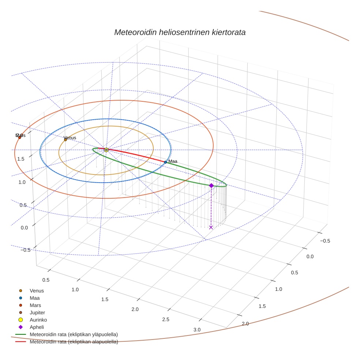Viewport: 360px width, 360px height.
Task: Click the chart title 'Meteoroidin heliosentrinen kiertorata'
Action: click(x=180, y=32)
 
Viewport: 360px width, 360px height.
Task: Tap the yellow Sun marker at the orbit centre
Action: click(x=106, y=150)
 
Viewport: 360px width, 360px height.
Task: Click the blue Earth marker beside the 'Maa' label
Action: click(x=165, y=162)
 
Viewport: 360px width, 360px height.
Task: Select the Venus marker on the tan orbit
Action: click(x=65, y=140)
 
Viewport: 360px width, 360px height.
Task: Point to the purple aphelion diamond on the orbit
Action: click(x=211, y=185)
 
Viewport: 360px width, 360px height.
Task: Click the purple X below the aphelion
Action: click(x=211, y=228)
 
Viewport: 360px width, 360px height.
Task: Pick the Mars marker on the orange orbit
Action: click(x=20, y=138)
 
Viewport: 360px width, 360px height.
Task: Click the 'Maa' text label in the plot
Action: click(x=173, y=161)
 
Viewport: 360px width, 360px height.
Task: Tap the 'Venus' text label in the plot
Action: click(x=70, y=138)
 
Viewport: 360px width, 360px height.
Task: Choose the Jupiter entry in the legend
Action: click(x=37, y=312)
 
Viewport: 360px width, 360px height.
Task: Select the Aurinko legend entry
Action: click(x=38, y=320)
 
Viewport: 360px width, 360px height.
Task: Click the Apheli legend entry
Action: click(x=37, y=327)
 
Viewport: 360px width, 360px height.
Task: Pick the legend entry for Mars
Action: click(x=35, y=305)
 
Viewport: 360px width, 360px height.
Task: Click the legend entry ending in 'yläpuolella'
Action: click(x=74, y=334)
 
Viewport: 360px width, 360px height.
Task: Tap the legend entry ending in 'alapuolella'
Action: click(x=74, y=342)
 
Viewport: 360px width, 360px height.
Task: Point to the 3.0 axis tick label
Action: click(x=197, y=330)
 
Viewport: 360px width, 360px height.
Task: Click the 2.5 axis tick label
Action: click(x=166, y=319)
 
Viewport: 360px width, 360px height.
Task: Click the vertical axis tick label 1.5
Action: click(x=20, y=159)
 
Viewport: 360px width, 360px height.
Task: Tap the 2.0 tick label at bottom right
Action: click(x=245, y=324)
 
